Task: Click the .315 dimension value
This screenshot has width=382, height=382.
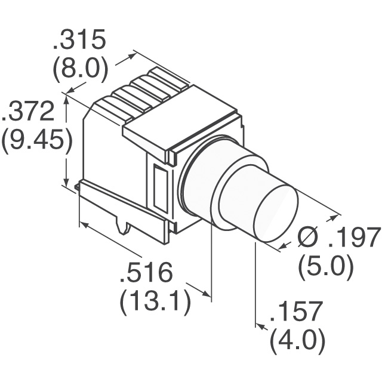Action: (79, 41)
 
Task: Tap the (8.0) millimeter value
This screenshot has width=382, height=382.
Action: (80, 69)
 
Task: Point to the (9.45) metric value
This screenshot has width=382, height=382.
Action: (36, 142)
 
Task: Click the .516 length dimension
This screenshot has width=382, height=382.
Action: (146, 274)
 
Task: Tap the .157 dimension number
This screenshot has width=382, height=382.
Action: (297, 312)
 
